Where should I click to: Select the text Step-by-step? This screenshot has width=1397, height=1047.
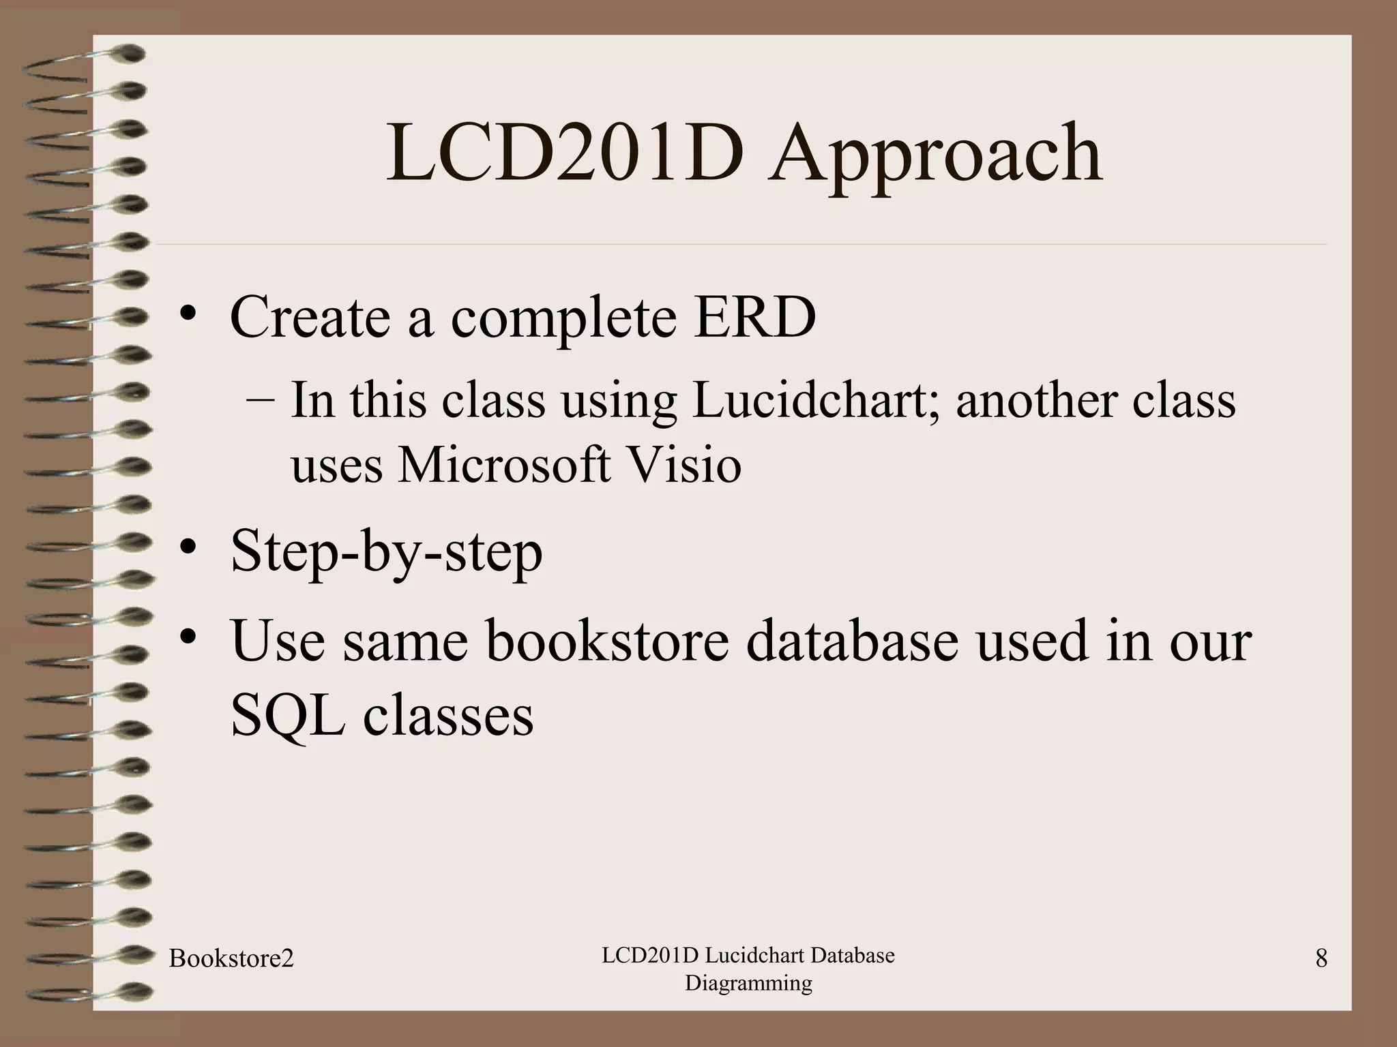tap(386, 552)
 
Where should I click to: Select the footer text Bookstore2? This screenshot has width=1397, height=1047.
tap(231, 959)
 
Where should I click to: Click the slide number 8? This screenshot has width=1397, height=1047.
tap(1321, 959)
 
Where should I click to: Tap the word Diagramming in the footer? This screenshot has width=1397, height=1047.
tap(748, 984)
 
